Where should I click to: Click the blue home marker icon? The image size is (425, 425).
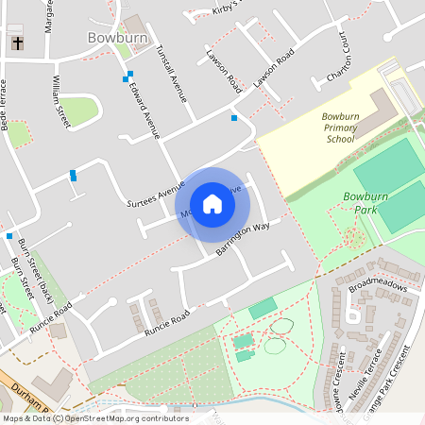pyautogui.click(x=212, y=204)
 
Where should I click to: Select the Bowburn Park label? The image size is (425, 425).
pyautogui.click(x=365, y=203)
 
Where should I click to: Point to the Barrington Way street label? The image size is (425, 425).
pyautogui.click(x=243, y=240)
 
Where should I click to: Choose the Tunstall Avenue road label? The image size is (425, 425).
pyautogui.click(x=172, y=74)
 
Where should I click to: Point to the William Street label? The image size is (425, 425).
pyautogui.click(x=61, y=102)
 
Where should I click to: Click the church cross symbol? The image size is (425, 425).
pyautogui.click(x=17, y=42)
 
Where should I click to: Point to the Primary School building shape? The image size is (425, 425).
pyautogui.click(x=382, y=111)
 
